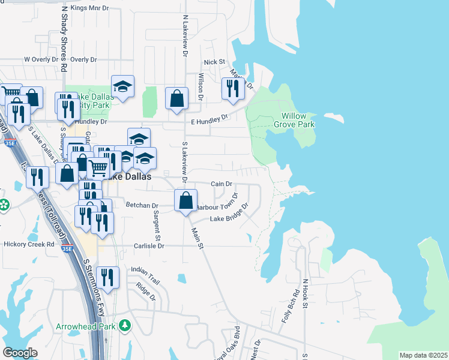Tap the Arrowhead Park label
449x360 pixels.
[x=86, y=326]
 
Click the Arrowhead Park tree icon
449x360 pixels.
[x=125, y=326]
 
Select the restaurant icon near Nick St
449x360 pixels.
[x=231, y=89]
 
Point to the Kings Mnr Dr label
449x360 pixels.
[x=90, y=8]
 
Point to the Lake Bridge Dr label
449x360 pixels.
[x=229, y=215]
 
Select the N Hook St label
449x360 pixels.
[x=305, y=294]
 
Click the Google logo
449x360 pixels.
[x=20, y=353]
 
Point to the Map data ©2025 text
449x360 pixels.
[x=423, y=355]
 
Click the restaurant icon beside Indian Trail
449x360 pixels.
[x=107, y=277]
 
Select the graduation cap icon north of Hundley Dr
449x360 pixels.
[x=122, y=86]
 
